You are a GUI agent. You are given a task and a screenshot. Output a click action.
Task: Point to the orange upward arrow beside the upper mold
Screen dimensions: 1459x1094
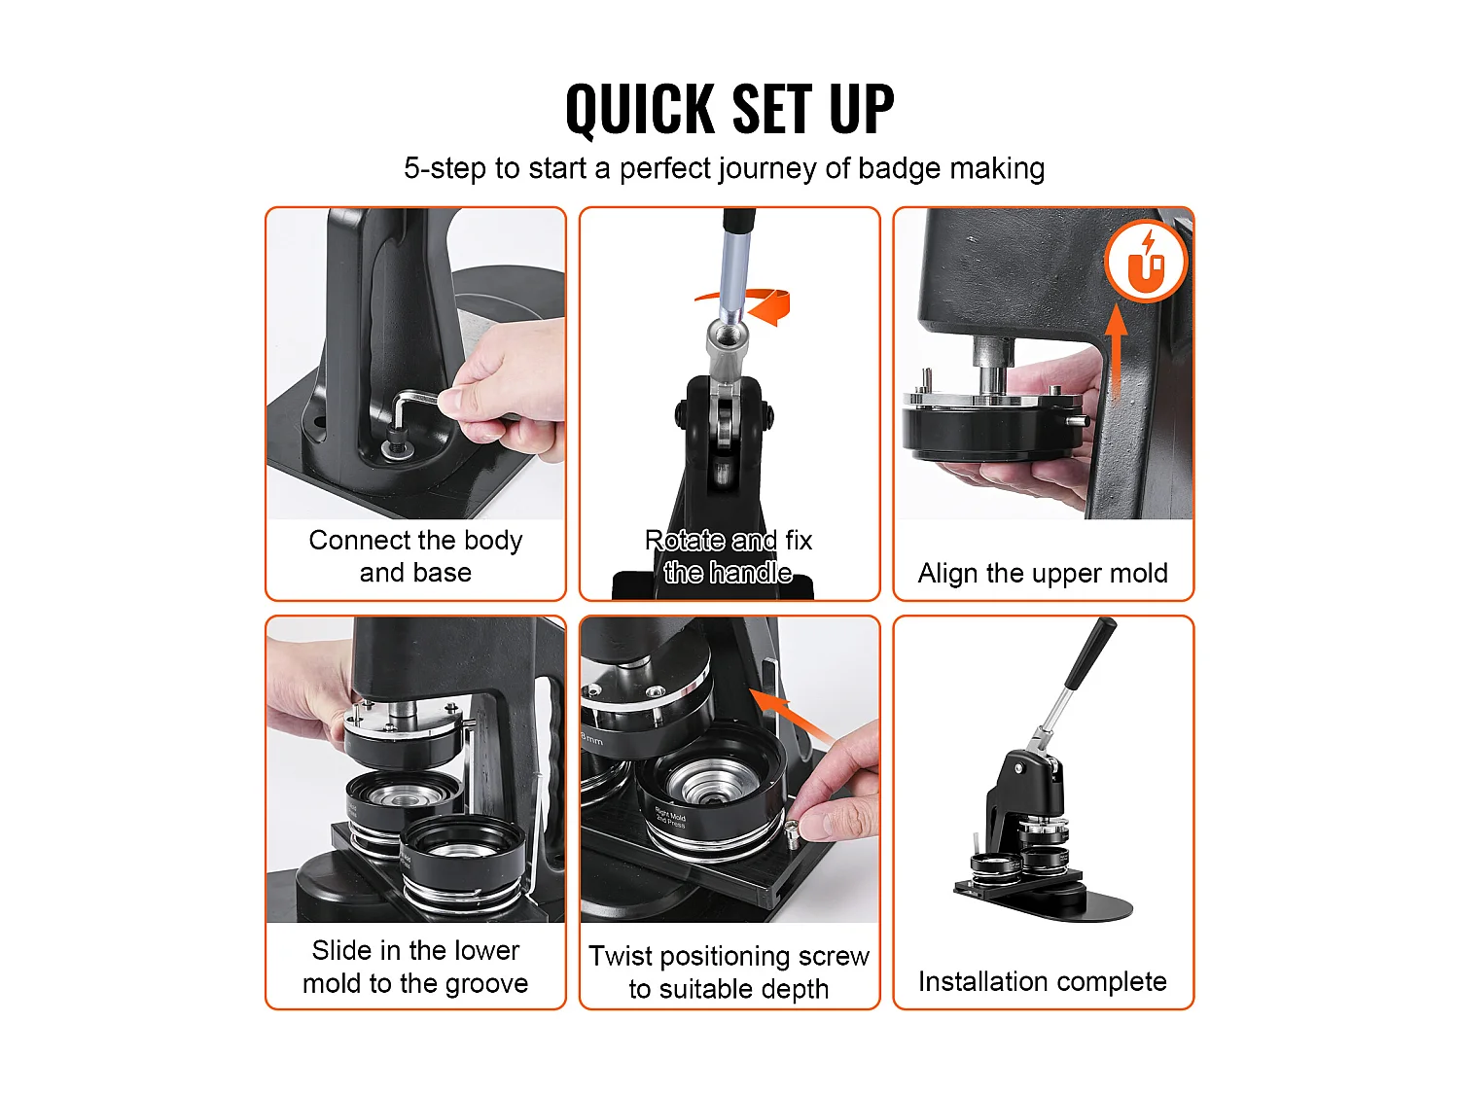tap(1118, 351)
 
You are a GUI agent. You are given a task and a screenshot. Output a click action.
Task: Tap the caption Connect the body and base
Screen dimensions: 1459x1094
tap(415, 556)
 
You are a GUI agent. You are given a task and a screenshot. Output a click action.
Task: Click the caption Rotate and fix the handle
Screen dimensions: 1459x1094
tap(729, 556)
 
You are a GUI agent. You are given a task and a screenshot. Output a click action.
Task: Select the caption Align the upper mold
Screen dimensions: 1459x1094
tap(1043, 573)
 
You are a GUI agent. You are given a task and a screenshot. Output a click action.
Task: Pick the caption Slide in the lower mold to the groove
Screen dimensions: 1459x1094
tap(415, 967)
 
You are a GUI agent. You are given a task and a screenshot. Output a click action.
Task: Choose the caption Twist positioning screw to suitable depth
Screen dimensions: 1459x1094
tap(729, 972)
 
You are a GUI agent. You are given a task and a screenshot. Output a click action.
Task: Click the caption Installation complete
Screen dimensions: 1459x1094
tap(1043, 981)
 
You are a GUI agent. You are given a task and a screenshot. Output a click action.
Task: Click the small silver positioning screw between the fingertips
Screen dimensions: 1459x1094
tap(793, 829)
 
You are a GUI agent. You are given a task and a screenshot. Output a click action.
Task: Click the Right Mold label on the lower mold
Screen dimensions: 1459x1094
tap(670, 816)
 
